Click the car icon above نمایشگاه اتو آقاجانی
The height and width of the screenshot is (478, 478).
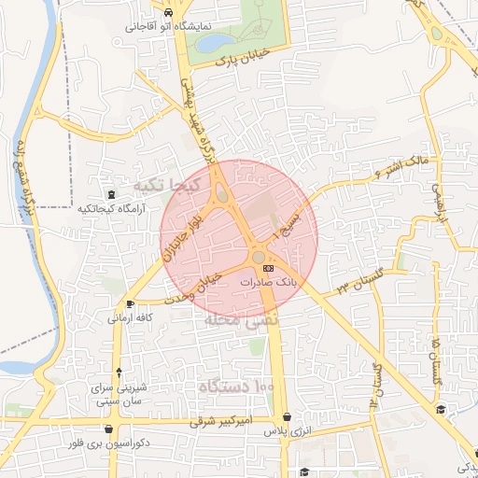(x=167, y=14)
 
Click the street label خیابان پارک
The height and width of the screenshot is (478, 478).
(x=236, y=60)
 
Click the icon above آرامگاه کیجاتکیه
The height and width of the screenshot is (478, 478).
(x=113, y=194)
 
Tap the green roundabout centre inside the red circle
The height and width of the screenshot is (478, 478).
(x=259, y=256)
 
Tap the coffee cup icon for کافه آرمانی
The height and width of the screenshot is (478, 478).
(x=130, y=304)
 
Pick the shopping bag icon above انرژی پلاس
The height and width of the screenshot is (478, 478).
(x=286, y=417)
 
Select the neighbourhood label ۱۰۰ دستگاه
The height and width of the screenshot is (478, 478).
(x=236, y=385)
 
